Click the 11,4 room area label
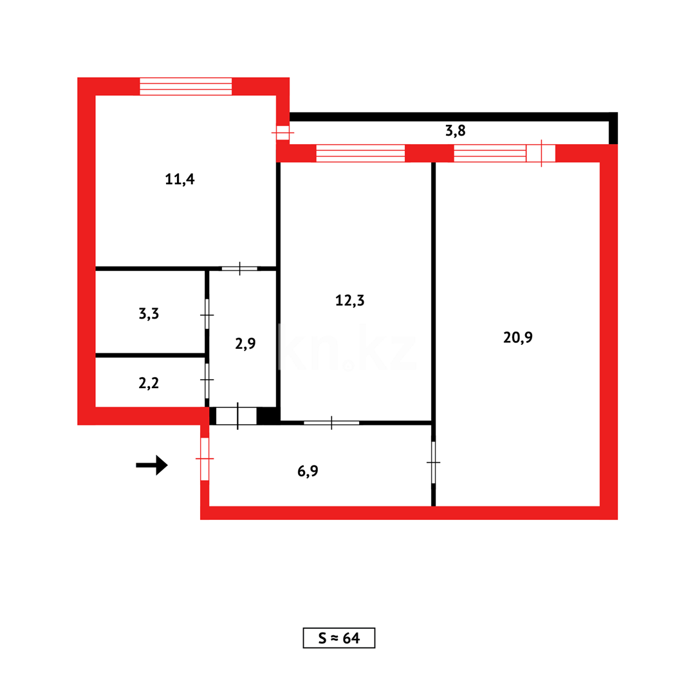[180, 180]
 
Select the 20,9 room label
[518, 337]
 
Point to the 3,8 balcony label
[455, 131]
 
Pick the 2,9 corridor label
[245, 343]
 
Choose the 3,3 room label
[149, 314]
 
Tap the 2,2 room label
[149, 384]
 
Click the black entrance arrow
[153, 465]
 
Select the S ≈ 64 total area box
[338, 638]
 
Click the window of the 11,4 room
[185, 86]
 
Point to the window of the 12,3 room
[360, 153]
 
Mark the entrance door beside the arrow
[205, 458]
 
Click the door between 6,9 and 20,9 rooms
[433, 462]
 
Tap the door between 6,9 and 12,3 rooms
[331, 423]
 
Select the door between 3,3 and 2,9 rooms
[207, 315]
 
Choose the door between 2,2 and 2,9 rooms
[207, 380]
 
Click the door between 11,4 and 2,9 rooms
[239, 268]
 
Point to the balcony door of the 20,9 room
[541, 153]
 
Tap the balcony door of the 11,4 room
[283, 133]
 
